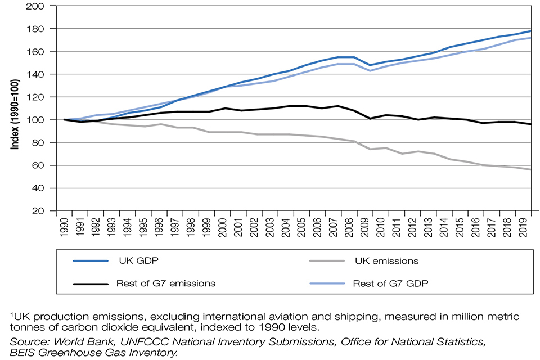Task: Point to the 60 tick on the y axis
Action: coord(42,165)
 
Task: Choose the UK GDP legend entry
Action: coord(135,261)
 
